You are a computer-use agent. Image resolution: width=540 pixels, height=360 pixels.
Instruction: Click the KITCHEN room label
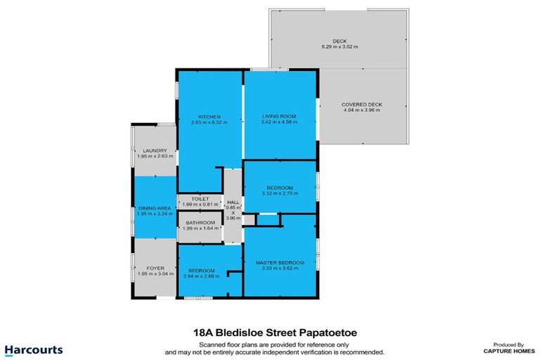210,116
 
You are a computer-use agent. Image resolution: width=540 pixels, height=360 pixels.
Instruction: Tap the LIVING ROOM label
278,116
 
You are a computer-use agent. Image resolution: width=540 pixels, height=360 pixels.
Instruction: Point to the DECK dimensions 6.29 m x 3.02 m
340,46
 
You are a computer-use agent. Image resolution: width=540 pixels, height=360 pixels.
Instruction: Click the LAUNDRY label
154,150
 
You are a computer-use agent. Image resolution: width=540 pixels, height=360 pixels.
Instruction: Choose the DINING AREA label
154,207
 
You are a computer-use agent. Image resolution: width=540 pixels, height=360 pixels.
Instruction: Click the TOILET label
200,199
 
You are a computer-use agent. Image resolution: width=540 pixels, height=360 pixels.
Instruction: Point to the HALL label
233,202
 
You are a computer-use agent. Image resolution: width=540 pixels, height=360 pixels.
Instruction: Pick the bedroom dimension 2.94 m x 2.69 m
202,276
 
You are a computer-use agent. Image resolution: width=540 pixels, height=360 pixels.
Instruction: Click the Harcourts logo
34,349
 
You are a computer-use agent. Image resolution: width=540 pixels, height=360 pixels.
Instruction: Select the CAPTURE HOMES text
506,350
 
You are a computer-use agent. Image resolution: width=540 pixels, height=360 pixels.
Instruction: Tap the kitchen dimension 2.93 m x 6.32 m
210,122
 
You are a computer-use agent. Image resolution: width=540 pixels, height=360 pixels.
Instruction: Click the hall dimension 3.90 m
233,218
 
